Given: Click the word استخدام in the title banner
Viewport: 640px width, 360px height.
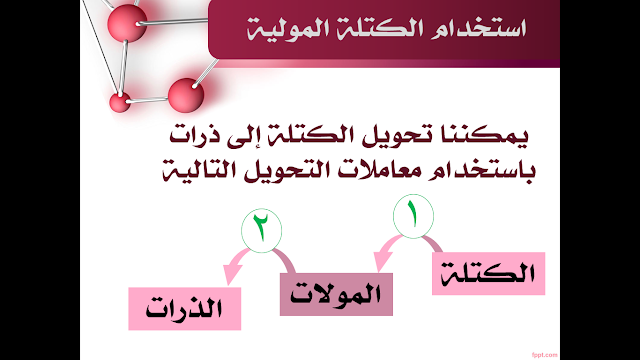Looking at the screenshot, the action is tap(478, 29).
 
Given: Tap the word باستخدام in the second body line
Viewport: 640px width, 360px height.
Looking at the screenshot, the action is tap(476, 170).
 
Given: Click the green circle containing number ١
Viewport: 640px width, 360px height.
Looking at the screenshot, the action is tap(413, 216).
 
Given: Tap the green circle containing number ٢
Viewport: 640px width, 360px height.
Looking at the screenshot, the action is tap(261, 231).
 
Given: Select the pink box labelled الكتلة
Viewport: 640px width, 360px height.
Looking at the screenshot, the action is tap(489, 273).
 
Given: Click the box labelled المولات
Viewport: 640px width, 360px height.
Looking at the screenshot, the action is tap(336, 294).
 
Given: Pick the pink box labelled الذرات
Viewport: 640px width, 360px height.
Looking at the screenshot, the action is tap(184, 309).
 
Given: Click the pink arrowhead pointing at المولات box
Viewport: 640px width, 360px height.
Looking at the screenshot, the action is tap(382, 261).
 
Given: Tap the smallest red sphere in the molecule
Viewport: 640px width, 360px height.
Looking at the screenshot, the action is tap(120, 102).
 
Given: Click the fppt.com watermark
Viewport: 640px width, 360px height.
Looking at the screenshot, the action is tap(544, 355).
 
